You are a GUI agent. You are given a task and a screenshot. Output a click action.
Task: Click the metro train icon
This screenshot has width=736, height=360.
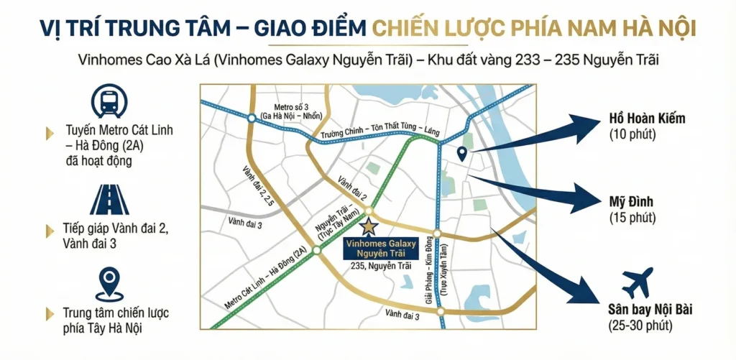(x=110, y=103)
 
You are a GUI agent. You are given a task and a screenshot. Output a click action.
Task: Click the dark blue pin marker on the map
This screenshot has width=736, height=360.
(x=462, y=153)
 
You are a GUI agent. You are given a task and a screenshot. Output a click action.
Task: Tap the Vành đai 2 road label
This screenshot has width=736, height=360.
(x=354, y=186)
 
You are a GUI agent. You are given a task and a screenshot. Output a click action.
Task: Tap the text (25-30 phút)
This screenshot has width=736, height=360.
(x=640, y=327)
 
